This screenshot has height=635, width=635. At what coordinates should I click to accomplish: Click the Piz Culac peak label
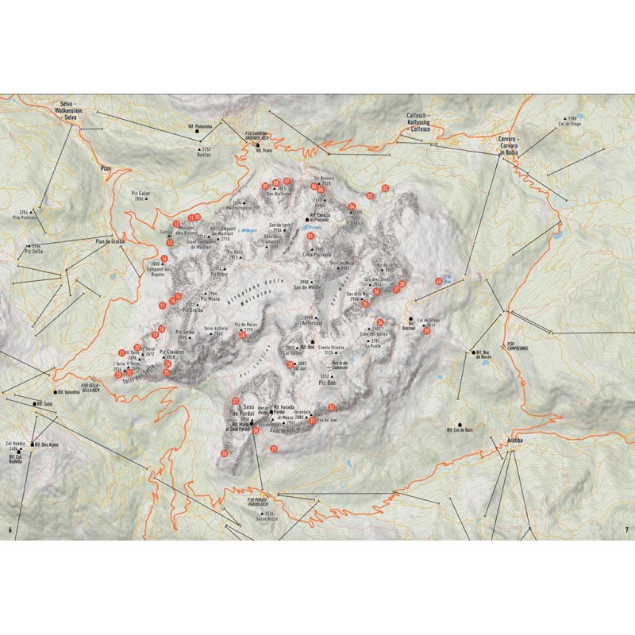pyautogui.click(x=137, y=194)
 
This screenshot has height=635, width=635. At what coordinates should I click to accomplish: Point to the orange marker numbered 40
pyautogui.click(x=439, y=281)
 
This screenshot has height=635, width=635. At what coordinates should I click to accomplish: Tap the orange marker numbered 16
pyautogui.click(x=164, y=258)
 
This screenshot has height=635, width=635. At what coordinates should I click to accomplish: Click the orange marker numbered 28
pyautogui.click(x=225, y=453)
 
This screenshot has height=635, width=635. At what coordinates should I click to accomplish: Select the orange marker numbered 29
pyautogui.click(x=274, y=449)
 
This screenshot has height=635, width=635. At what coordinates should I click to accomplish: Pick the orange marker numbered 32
pyautogui.click(x=385, y=188)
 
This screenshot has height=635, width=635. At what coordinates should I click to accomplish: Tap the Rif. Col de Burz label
pyautogui.click(x=459, y=429)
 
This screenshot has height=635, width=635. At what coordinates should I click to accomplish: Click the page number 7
pyautogui.click(x=626, y=530)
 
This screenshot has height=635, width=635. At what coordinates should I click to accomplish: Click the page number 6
pyautogui.click(x=10, y=530)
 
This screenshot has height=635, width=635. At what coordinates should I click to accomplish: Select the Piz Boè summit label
pyautogui.click(x=329, y=381)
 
